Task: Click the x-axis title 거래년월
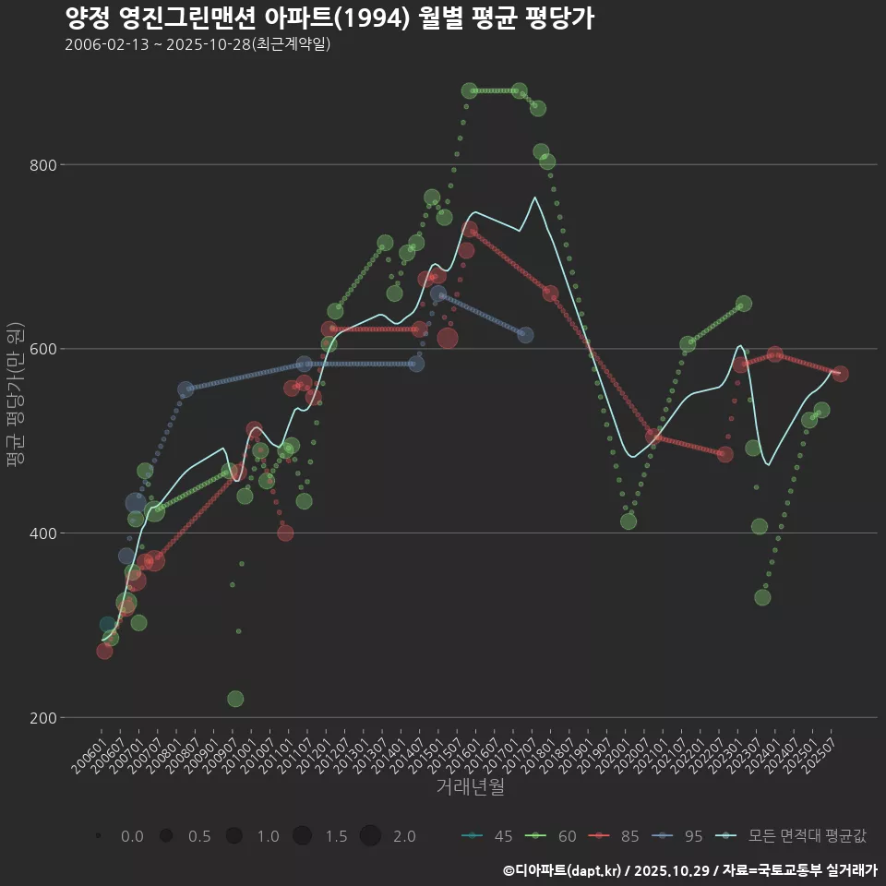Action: (470, 787)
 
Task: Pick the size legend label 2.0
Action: (403, 836)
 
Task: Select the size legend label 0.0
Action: (132, 836)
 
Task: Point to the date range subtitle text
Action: (198, 44)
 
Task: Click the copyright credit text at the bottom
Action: (689, 869)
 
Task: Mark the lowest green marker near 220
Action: (235, 699)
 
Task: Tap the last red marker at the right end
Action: (840, 374)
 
